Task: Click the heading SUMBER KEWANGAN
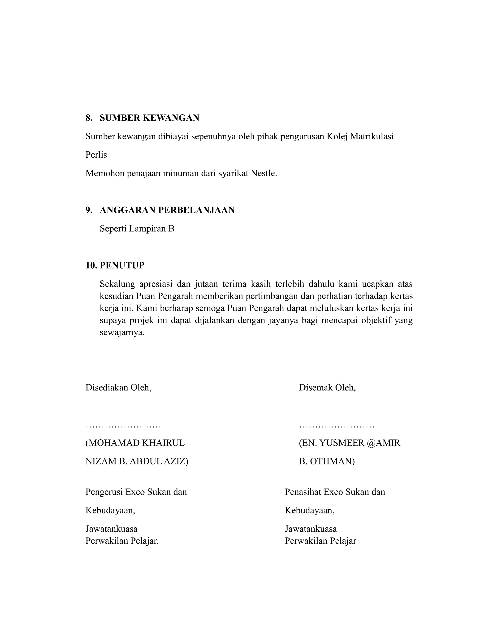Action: point(149,118)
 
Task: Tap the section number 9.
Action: point(89,210)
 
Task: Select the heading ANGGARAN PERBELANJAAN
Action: point(167,210)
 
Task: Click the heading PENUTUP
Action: point(122,265)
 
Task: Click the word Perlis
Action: point(96,155)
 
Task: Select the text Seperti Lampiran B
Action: point(137,229)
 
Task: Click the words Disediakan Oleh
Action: point(118,388)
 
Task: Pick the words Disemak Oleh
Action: point(327,388)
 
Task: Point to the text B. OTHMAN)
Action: point(327,461)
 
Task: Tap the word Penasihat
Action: point(303,492)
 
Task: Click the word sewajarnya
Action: point(122,333)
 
